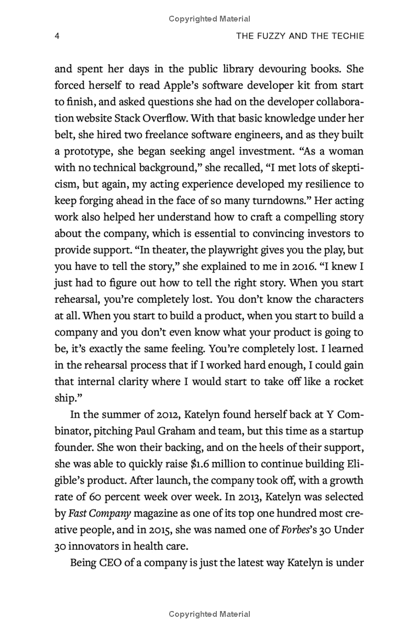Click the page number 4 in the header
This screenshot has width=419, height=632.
tap(57, 36)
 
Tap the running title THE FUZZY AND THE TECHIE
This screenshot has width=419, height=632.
tap(300, 36)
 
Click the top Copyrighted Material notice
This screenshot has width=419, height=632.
tap(210, 19)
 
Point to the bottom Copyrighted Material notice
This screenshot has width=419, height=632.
tap(210, 614)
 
